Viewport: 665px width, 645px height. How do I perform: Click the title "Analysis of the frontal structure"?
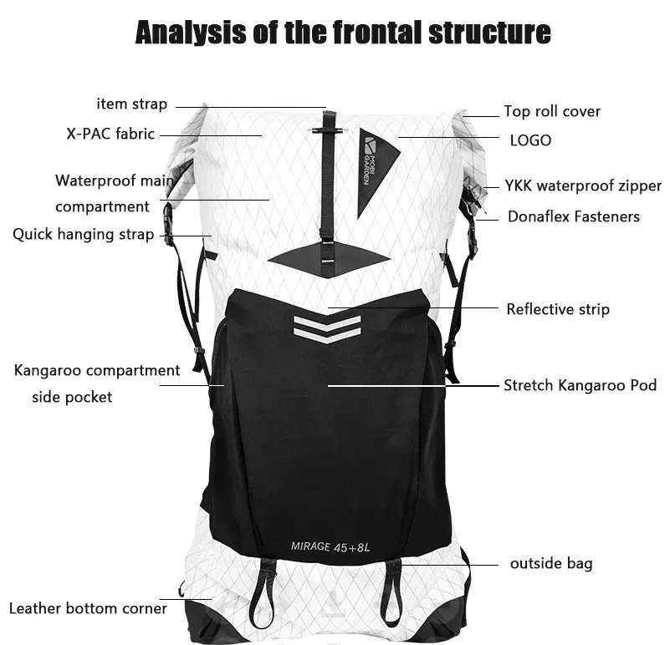[x=343, y=33]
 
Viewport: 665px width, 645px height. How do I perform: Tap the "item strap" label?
[x=132, y=104]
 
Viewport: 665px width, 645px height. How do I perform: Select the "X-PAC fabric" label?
[x=110, y=134]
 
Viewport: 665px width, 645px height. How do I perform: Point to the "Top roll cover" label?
[x=552, y=111]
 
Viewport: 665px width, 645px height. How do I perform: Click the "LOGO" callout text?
[x=530, y=140]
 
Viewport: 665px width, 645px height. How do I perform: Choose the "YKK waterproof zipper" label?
[x=583, y=186]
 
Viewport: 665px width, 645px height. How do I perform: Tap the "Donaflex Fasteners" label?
[x=573, y=216]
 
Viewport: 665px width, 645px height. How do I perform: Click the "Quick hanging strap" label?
[x=83, y=235]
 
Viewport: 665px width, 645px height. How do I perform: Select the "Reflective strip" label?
[x=558, y=309]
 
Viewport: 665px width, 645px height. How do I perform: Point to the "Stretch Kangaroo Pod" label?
[x=580, y=385]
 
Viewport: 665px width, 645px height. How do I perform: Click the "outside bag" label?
[x=551, y=564]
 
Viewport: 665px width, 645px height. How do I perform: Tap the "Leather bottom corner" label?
[x=88, y=608]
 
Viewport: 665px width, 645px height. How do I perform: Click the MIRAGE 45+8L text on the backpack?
[x=330, y=547]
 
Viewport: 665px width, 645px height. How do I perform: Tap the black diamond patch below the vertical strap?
[x=329, y=259]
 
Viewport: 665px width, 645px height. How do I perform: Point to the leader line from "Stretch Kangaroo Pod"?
[x=413, y=386]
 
